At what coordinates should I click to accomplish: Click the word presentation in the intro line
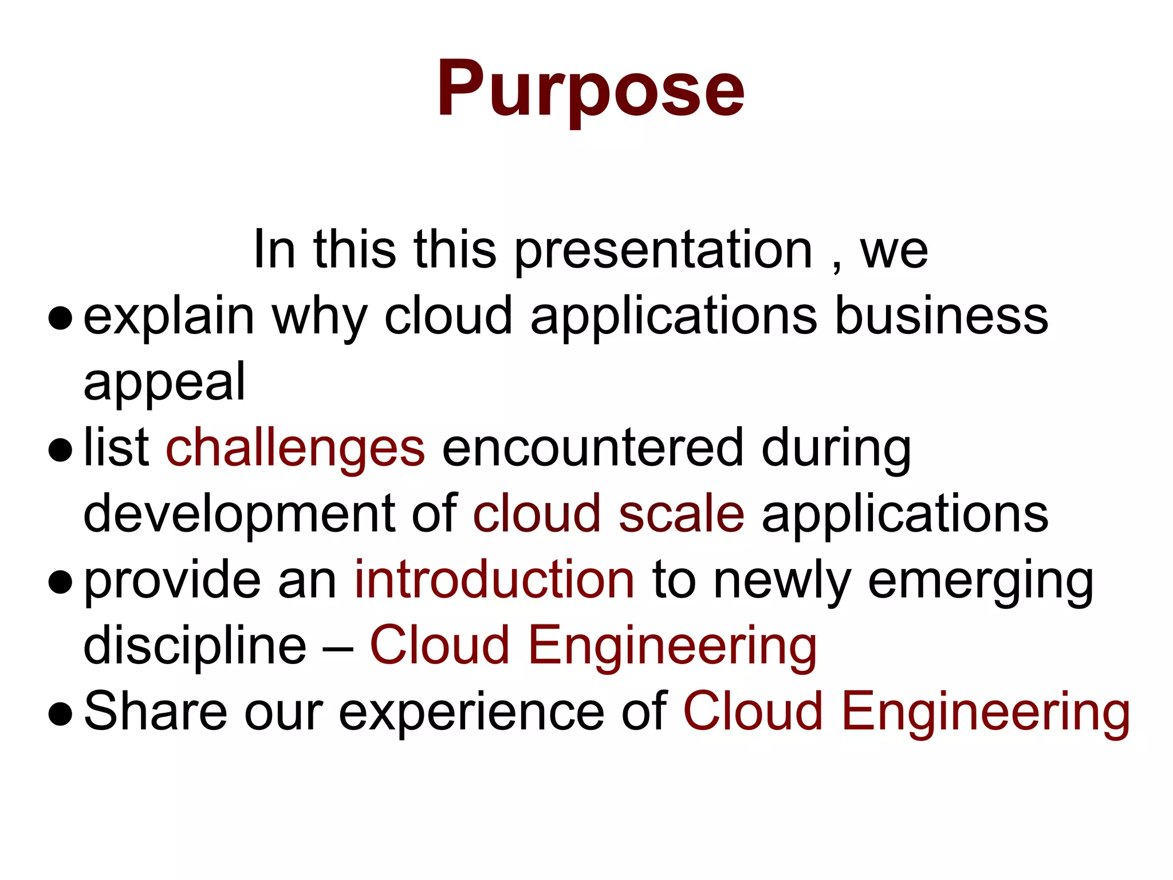point(663,250)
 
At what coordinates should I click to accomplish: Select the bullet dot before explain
point(61,318)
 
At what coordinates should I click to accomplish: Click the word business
point(941,316)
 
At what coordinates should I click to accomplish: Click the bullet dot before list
point(61,450)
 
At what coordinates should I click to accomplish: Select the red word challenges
point(296,449)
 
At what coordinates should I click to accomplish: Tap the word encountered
point(593,449)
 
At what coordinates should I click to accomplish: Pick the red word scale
point(682,514)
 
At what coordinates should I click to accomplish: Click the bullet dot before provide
point(61,582)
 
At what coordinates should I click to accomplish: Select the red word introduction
point(494,580)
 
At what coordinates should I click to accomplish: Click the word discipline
point(195,646)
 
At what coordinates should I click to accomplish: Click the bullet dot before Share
point(61,713)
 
